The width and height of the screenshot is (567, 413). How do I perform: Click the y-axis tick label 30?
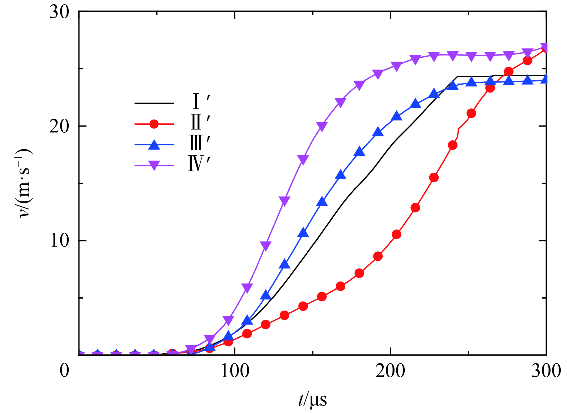click(59, 13)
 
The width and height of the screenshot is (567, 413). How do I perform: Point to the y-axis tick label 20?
click(59, 126)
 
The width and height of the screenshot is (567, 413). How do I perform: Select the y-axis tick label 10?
click(60, 241)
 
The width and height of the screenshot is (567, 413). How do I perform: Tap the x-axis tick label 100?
click(235, 371)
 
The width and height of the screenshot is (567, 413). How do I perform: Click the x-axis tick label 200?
click(390, 371)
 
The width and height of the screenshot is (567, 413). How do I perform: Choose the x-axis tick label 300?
click(546, 371)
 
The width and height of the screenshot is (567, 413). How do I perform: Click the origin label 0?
click(64, 371)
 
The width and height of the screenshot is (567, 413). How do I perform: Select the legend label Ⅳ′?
click(199, 164)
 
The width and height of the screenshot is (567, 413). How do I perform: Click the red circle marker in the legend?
click(154, 124)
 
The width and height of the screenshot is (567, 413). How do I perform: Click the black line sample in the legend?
click(154, 103)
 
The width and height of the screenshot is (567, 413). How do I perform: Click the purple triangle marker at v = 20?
click(322, 126)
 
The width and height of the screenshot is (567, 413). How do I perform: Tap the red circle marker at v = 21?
click(471, 113)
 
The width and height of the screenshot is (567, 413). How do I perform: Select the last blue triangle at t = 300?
click(545, 79)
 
